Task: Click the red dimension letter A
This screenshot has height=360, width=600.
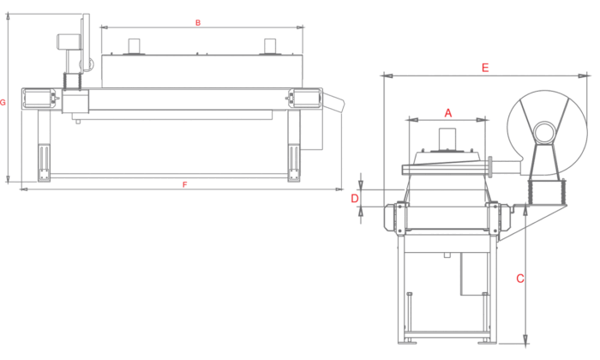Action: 448,113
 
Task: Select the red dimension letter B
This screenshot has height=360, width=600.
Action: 198,23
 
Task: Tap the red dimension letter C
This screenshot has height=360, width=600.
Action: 520,279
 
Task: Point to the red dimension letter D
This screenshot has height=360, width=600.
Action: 355,199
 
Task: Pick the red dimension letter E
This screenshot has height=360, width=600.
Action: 485,68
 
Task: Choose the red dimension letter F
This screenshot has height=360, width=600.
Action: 185,185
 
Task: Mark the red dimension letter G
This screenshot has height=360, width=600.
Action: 3,103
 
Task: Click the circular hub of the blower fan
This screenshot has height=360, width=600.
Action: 544,133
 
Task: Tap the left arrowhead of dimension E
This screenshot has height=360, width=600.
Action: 387,75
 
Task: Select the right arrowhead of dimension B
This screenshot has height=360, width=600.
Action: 300,27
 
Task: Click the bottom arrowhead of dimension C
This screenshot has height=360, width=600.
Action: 525,339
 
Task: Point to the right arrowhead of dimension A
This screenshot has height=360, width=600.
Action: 482,120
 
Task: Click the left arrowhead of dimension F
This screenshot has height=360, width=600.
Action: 24,189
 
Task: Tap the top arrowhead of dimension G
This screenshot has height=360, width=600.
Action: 8,16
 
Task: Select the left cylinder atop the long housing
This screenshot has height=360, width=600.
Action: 135,46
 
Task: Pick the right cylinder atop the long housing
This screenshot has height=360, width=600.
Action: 270,46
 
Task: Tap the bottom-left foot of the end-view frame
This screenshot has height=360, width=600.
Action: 407,341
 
